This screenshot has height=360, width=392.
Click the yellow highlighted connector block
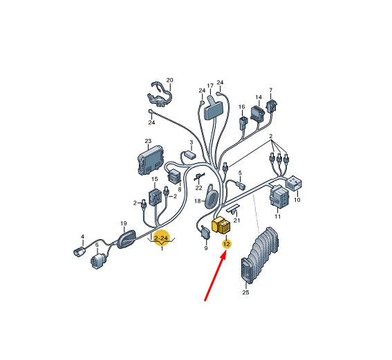click(221, 226)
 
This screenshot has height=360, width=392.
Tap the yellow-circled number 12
click(227, 244)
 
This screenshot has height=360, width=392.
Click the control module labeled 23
click(151, 160)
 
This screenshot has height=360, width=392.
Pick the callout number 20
click(170, 80)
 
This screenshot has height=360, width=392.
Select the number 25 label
click(245, 292)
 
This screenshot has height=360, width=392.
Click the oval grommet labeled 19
click(127, 239)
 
